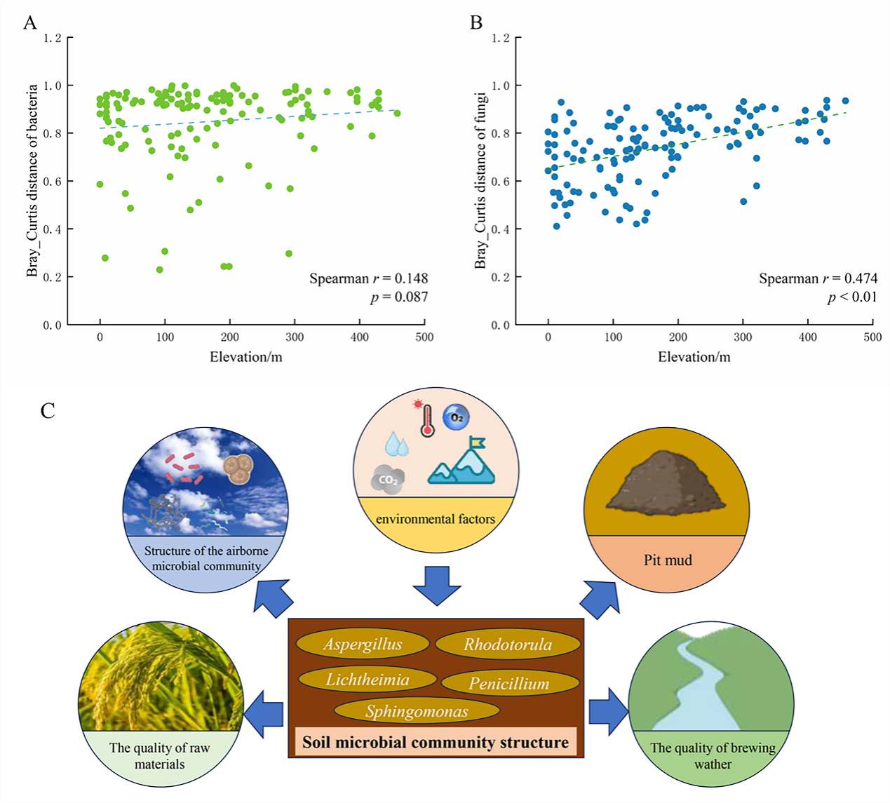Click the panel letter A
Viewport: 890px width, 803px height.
(29, 23)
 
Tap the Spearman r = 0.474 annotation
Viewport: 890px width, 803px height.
(818, 278)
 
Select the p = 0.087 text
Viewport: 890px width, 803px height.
(399, 297)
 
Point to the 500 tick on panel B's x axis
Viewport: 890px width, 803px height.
(872, 337)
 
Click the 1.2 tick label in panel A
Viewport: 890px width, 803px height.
(53, 38)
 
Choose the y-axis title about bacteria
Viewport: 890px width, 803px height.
(32, 181)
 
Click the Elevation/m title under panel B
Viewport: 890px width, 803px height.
(694, 357)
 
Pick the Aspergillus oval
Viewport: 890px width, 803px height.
(363, 644)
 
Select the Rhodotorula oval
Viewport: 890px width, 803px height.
(508, 644)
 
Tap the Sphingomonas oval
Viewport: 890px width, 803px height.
(417, 711)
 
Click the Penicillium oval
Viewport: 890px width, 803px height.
(509, 682)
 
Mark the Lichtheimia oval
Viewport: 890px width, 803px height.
(367, 679)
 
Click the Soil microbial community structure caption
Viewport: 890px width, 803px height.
(436, 742)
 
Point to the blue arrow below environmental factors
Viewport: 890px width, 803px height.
(436, 583)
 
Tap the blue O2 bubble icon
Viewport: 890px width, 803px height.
(457, 417)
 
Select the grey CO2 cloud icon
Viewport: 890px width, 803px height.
(388, 480)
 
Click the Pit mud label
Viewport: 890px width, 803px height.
(668, 560)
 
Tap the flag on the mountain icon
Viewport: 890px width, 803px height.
(478, 443)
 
